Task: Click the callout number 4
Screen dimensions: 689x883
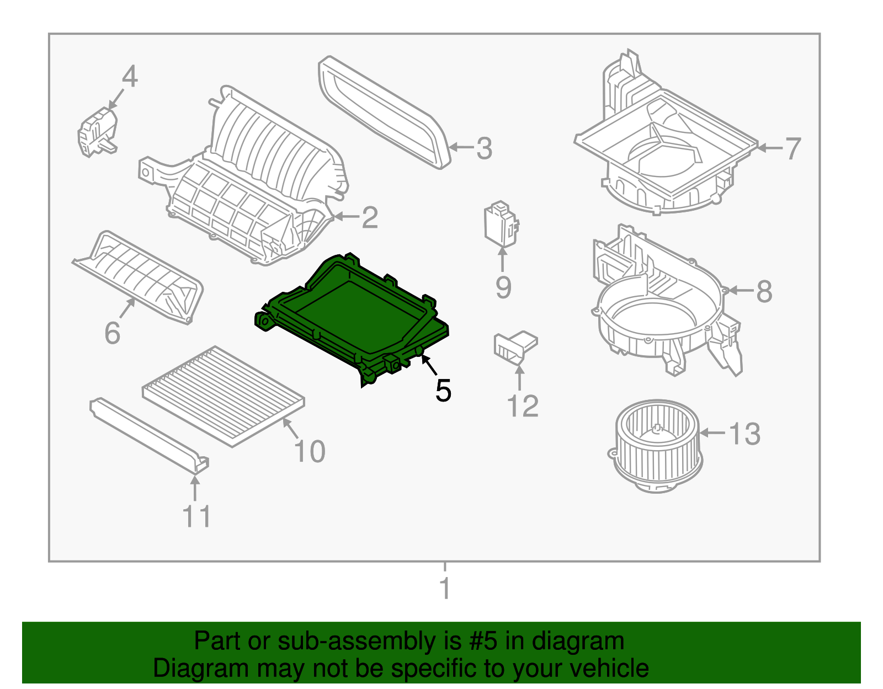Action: (x=129, y=77)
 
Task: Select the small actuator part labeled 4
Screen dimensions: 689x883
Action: (x=98, y=132)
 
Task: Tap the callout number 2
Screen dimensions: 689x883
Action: (x=370, y=217)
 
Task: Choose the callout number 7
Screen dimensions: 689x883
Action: (x=792, y=149)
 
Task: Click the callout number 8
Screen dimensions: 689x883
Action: (x=764, y=291)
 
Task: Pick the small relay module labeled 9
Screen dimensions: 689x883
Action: (x=501, y=223)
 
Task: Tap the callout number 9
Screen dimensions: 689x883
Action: (x=503, y=287)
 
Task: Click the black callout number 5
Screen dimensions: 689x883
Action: (x=443, y=391)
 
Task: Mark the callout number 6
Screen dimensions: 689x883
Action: (x=112, y=333)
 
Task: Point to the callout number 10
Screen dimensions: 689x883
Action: (x=310, y=452)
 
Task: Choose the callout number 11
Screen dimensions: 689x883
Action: (x=196, y=517)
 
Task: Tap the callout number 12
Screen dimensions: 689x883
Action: (x=522, y=407)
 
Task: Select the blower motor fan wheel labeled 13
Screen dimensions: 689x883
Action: (x=658, y=446)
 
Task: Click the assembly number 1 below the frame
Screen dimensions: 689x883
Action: (x=445, y=589)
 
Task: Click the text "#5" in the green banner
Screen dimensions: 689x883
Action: (x=483, y=642)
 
